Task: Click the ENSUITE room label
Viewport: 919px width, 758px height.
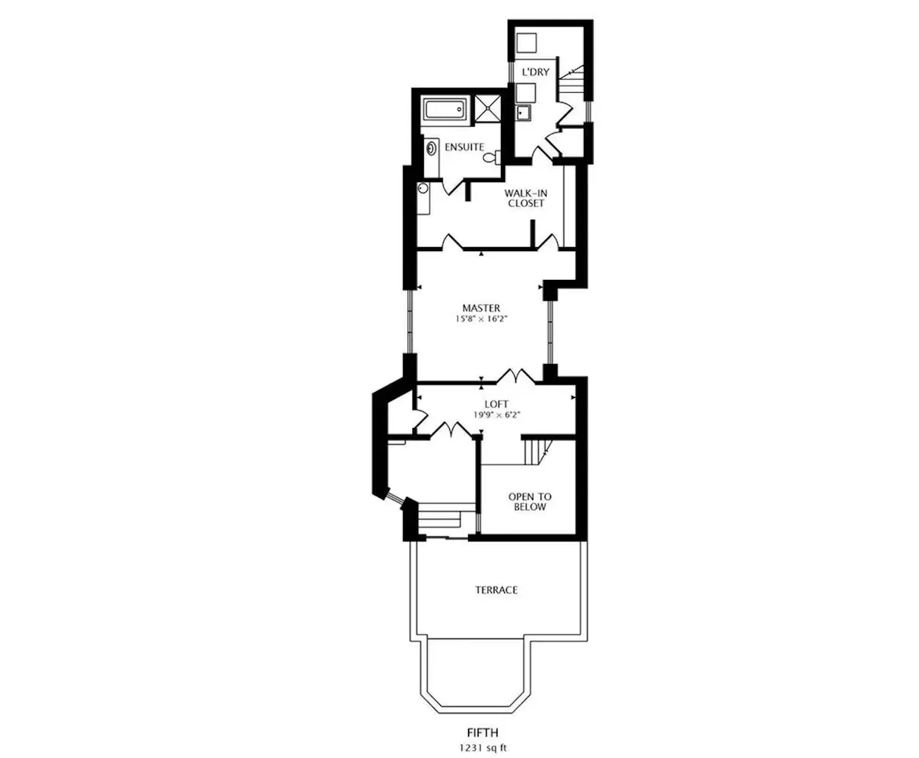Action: click(x=464, y=147)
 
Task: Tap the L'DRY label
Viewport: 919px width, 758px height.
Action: click(x=536, y=72)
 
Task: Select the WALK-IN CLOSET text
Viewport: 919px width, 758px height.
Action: click(x=526, y=198)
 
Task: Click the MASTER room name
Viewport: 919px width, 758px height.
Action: click(x=481, y=308)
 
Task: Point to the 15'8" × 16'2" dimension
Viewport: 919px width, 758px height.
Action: click(x=481, y=319)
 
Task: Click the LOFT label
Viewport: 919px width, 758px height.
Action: click(x=496, y=404)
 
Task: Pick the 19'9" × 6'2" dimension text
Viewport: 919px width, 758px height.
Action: click(x=496, y=415)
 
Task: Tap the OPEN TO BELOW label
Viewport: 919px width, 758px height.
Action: click(x=530, y=502)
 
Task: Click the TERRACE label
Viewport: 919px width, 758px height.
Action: click(x=496, y=590)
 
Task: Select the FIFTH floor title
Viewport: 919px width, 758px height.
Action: click(x=483, y=733)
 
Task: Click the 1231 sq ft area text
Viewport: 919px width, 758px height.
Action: click(x=483, y=748)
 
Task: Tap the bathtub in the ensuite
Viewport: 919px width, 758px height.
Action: click(x=445, y=108)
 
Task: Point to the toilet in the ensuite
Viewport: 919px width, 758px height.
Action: click(x=492, y=157)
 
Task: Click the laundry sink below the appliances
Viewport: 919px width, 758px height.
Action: click(x=523, y=113)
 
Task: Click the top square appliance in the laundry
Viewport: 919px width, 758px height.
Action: click(x=526, y=43)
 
